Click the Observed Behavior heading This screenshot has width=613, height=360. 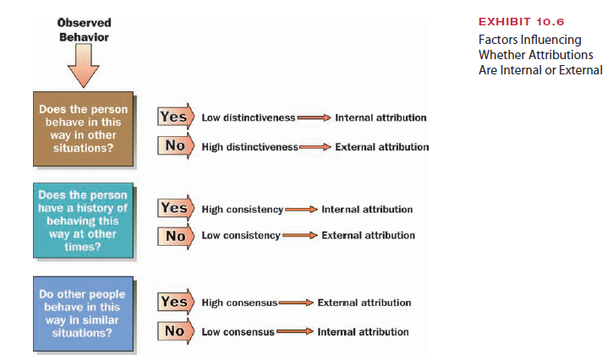84,30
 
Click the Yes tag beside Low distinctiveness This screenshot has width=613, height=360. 173,117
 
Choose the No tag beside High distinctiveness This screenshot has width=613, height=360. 174,145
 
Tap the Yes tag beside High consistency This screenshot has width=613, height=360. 173,208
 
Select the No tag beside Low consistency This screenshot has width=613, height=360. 174,236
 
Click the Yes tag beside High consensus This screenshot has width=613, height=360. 173,302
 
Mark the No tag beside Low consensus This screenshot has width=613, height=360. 174,330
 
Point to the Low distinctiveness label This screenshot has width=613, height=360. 247,117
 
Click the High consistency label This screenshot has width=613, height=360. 243,209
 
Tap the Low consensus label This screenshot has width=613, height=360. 238,331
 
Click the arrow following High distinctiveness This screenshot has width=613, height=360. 314,147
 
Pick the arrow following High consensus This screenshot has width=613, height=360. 296,303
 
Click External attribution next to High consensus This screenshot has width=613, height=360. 364,303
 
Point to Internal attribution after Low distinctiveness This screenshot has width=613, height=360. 380,117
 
